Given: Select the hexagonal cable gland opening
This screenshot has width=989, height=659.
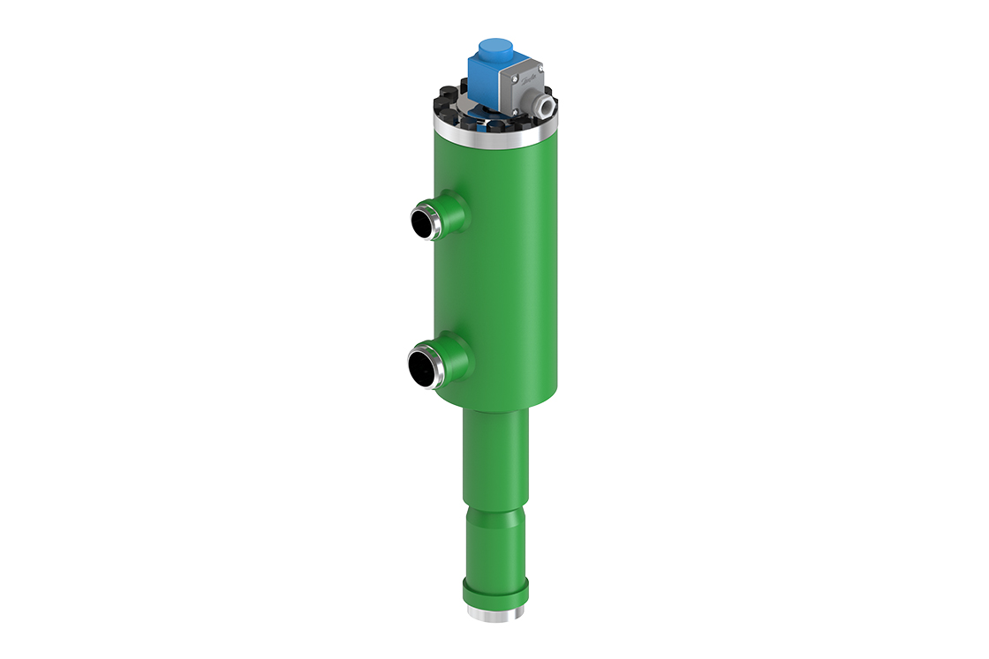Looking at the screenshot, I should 548,105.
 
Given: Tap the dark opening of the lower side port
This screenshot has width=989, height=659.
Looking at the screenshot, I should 423,367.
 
